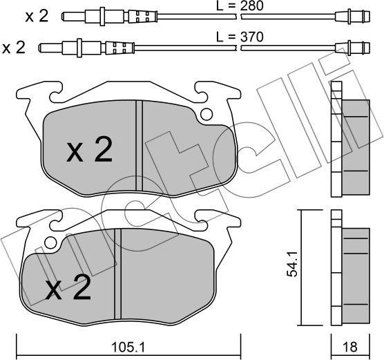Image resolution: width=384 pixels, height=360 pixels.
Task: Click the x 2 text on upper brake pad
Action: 89,150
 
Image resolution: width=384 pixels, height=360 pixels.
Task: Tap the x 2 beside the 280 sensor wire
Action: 37,15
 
